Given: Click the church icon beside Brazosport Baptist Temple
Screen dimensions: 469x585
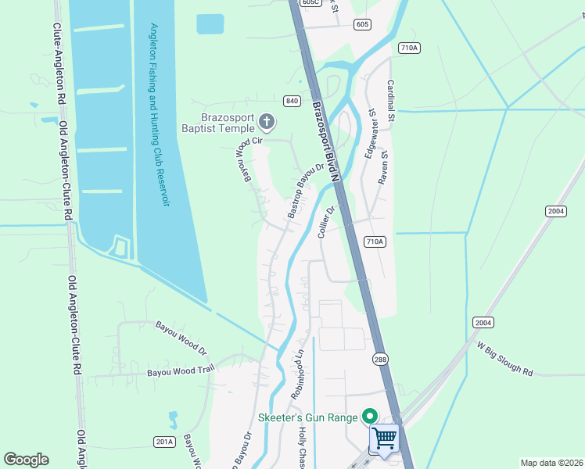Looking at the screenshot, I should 267,121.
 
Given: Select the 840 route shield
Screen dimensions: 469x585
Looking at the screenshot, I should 292,101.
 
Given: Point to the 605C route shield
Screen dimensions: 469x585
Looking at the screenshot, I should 310,3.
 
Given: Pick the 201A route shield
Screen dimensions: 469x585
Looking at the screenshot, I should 164,442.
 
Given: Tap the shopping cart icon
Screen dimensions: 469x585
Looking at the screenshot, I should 384,439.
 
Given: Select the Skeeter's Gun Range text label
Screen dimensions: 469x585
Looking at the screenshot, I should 310,418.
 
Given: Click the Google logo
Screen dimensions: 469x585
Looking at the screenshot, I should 27,460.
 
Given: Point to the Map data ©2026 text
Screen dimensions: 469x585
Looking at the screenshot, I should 551,463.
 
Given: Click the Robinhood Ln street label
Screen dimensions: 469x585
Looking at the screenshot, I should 298,374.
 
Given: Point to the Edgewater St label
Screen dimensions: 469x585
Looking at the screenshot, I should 368,135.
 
